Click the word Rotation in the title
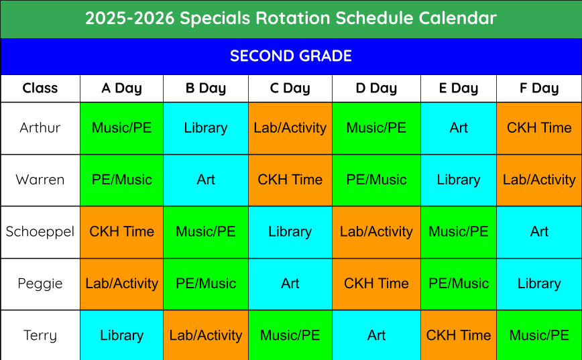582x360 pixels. (293, 18)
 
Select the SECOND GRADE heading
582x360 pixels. (291, 56)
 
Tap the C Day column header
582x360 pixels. (290, 88)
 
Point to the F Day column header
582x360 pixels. (539, 88)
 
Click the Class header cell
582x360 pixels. (40, 88)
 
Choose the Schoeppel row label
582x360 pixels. (40, 231)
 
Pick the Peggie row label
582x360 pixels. (40, 284)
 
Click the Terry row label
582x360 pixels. (40, 335)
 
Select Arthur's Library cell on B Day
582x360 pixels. (206, 128)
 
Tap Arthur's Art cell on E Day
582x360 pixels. (459, 128)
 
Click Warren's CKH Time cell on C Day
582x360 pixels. (290, 180)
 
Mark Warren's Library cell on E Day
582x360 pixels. (459, 180)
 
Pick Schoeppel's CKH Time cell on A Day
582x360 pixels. (122, 232)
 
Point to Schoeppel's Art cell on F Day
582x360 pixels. (539, 232)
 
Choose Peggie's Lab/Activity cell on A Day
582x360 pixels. (122, 284)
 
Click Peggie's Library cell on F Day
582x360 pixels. (539, 284)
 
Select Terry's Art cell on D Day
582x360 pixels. (376, 335)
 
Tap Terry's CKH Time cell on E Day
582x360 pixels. (459, 335)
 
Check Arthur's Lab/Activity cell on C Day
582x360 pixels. (290, 128)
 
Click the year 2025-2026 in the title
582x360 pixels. (130, 18)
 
